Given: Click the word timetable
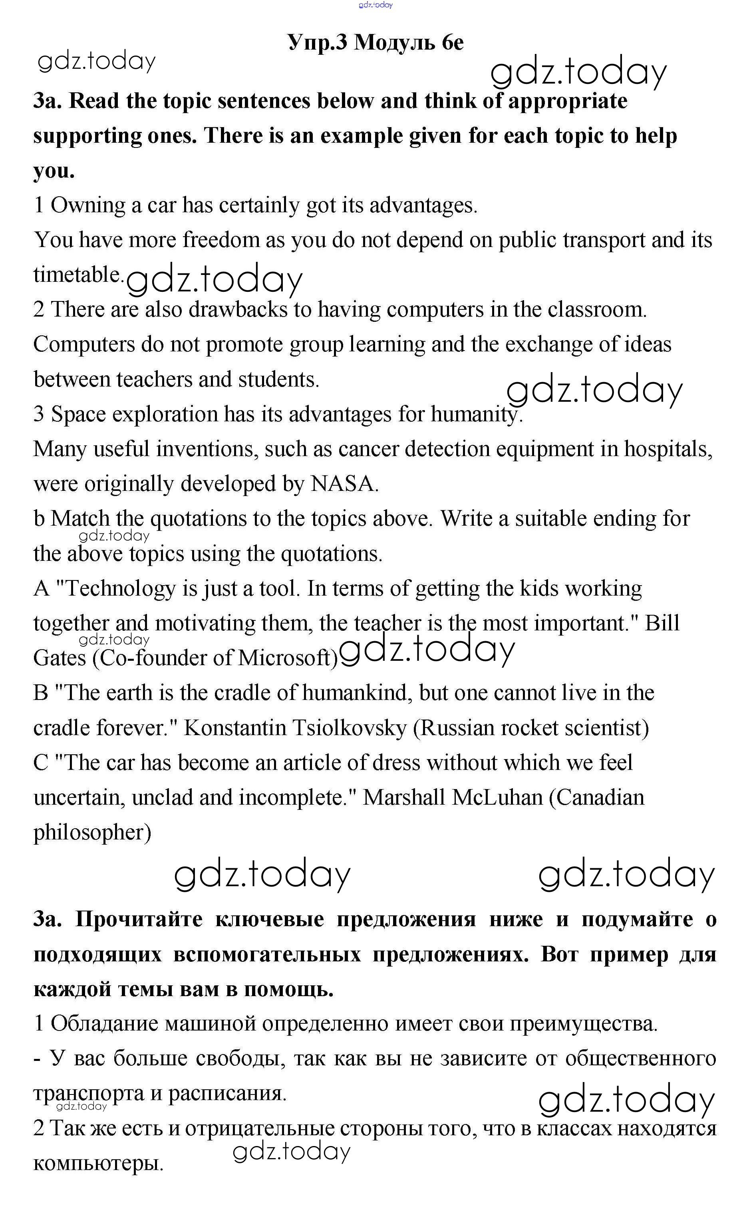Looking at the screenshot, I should click(x=78, y=275).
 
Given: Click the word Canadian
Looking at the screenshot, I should click(x=600, y=797).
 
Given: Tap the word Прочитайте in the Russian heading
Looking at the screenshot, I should click(x=139, y=919).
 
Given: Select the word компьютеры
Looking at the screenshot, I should click(x=98, y=1163).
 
